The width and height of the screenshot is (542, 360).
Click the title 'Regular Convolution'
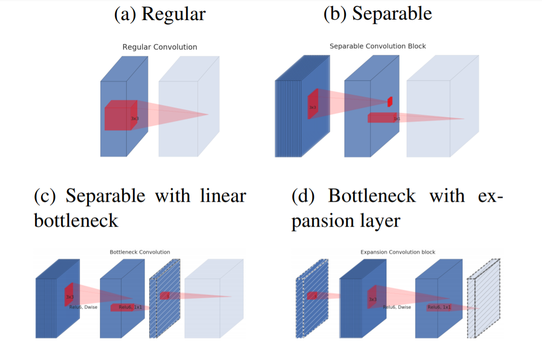tap(159, 47)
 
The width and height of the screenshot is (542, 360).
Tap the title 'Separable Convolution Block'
tap(377, 46)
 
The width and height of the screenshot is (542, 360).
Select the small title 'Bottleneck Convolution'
tap(140, 252)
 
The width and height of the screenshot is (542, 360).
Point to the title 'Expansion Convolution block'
tap(398, 252)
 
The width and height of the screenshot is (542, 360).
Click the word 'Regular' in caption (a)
tap(174, 14)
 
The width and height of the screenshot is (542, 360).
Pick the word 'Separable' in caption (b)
tap(392, 14)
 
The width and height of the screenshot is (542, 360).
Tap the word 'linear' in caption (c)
tap(222, 196)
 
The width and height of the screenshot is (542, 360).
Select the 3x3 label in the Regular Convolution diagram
tap(135, 118)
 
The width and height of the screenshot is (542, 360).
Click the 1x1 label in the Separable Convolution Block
tap(397, 118)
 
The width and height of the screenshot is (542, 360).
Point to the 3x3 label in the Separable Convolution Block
tap(312, 108)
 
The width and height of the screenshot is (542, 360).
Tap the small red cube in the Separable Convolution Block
tap(390, 101)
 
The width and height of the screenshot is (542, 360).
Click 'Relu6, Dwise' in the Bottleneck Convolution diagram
tap(83, 307)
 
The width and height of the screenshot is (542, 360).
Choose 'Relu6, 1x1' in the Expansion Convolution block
tap(439, 307)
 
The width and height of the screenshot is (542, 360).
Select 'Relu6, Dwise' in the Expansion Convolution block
tap(397, 307)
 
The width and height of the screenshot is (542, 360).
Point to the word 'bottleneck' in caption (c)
tap(76, 221)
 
